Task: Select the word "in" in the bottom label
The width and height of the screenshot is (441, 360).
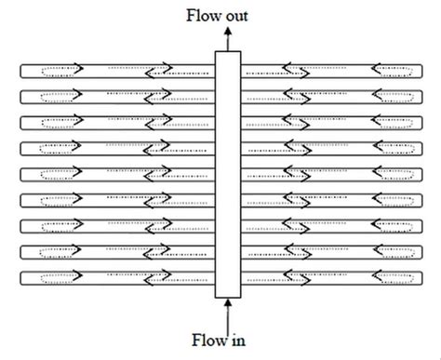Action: (x=237, y=340)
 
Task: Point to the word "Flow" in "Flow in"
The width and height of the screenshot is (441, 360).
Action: (x=209, y=340)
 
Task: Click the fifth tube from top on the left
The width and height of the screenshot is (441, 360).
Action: (x=112, y=174)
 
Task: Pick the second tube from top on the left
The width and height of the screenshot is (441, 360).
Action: (x=112, y=95)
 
